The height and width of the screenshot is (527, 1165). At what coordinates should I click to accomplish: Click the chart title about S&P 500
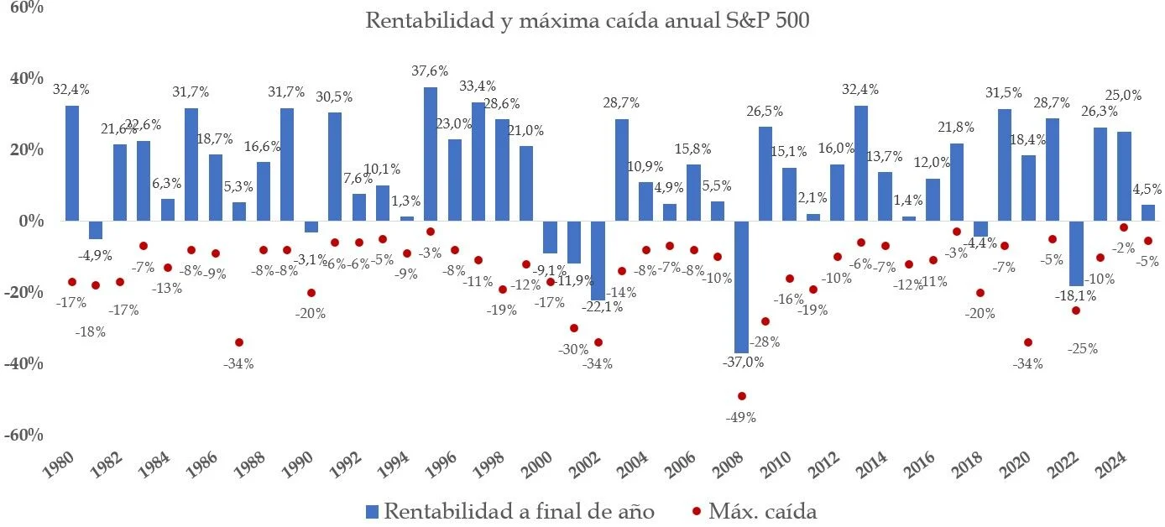[x=587, y=20]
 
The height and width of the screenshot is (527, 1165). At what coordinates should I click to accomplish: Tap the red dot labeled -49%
[x=741, y=396]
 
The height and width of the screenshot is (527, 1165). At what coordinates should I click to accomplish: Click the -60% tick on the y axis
[x=25, y=435]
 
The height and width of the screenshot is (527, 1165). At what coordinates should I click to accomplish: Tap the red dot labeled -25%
[x=1076, y=310]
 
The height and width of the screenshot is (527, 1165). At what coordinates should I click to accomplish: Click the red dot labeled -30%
[x=574, y=328]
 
